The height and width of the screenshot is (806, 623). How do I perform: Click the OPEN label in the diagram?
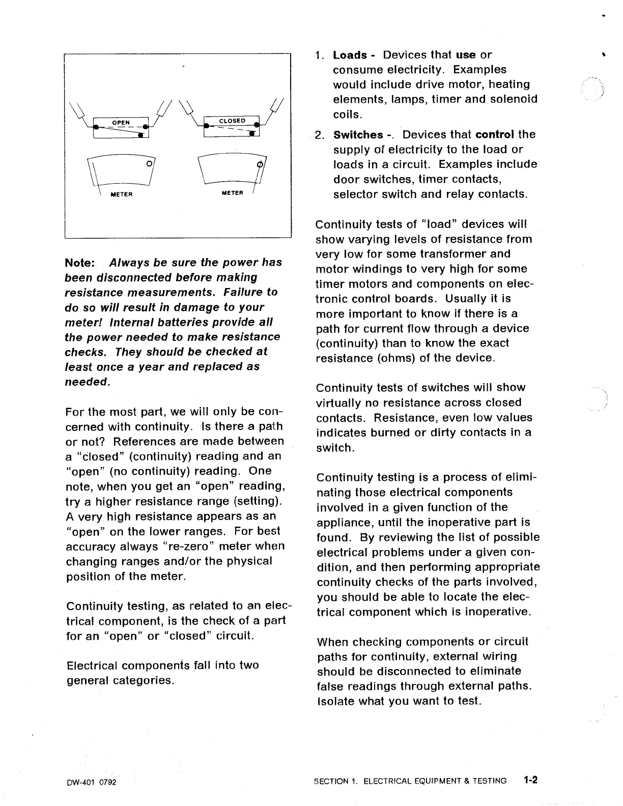[x=121, y=123]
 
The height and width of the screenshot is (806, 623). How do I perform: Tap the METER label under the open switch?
[x=122, y=195]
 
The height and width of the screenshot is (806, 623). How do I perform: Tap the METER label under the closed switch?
[x=232, y=193]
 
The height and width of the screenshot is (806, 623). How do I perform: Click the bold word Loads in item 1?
[x=350, y=55]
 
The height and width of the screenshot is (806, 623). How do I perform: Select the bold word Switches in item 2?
[x=358, y=135]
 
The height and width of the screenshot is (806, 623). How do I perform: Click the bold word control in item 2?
[x=494, y=135]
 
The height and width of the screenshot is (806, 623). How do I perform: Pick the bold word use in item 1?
[x=466, y=55]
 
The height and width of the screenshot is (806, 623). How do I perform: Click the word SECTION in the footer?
[x=331, y=781]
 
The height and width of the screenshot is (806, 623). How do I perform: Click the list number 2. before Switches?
[x=320, y=135]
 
